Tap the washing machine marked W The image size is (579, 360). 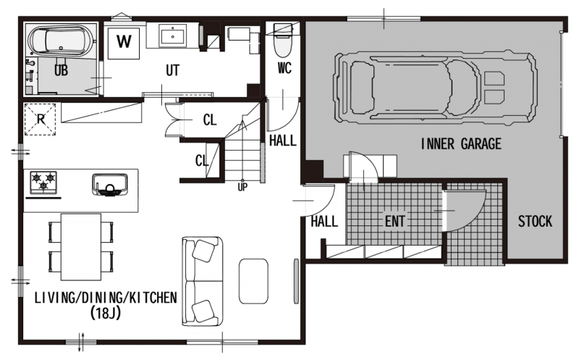tap(124, 43)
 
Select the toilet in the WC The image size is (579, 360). tap(283, 40)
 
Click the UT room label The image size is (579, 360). tap(172, 70)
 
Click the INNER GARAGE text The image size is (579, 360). tap(461, 143)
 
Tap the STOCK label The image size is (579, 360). tap(535, 221)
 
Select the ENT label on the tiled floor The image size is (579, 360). tap(394, 221)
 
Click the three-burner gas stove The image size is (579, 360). tap(43, 182)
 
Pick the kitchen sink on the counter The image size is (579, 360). tap(110, 184)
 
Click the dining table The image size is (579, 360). tap(81, 247)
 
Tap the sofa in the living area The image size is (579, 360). tap(203, 281)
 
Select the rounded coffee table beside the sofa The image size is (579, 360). tap(253, 281)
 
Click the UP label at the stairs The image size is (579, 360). tap(242, 188)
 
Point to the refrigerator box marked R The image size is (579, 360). tap(41, 120)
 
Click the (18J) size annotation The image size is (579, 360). tap(106, 314)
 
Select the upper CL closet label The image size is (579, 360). tap(210, 120)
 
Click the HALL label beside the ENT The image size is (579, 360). tap(324, 222)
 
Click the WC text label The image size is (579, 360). tap(284, 68)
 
